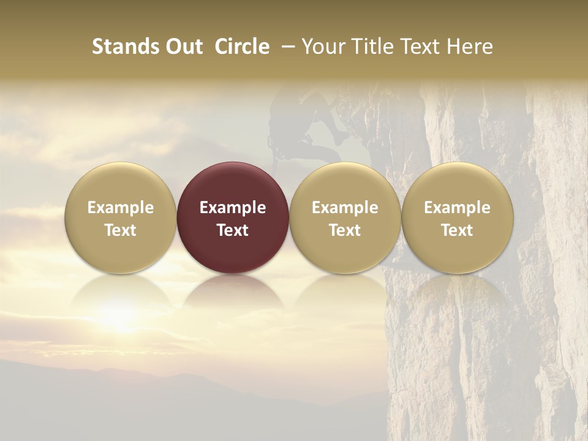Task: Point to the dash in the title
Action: tap(285, 47)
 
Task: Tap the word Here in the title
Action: tap(469, 47)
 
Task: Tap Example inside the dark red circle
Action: tap(233, 208)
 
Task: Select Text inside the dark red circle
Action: tap(233, 230)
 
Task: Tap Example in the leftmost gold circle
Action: tap(121, 208)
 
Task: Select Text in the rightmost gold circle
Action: tap(457, 230)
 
